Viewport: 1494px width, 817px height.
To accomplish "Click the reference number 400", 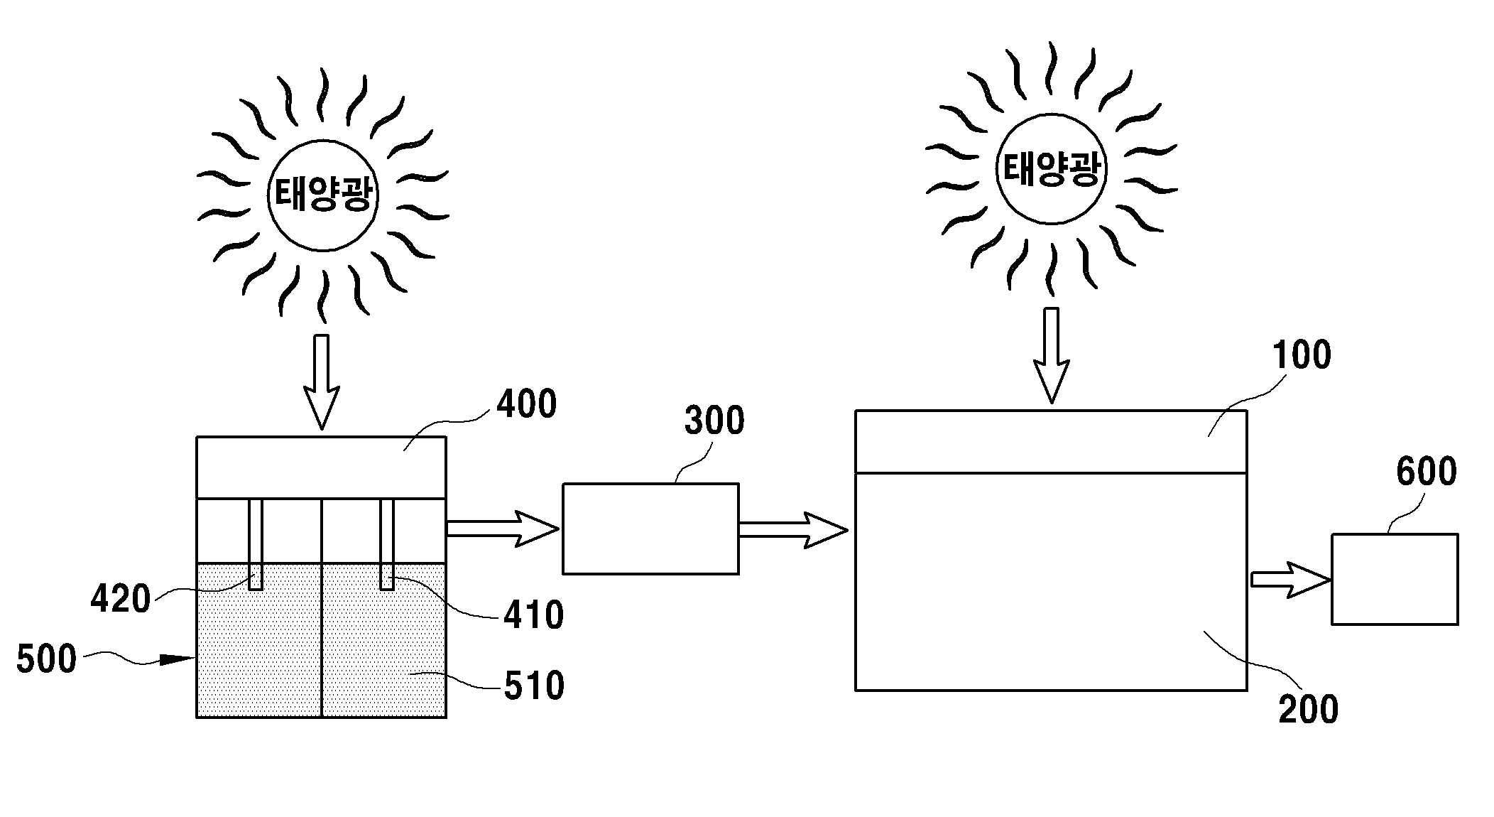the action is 526,404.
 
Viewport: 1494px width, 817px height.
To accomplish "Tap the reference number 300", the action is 714,421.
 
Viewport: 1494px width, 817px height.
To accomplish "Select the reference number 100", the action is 1301,355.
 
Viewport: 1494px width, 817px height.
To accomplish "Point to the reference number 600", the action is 1427,472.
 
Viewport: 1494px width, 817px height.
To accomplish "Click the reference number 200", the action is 1309,710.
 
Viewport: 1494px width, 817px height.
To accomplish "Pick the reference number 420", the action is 121,600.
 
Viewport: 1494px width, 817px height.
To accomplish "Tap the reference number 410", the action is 534,615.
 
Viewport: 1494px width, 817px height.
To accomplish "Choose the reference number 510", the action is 535,686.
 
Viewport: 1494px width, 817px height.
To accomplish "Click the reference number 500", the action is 46,659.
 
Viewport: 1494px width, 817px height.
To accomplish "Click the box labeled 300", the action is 650,529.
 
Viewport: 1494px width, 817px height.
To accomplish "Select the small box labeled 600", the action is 1395,579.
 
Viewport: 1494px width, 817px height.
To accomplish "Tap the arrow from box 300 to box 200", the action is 793,530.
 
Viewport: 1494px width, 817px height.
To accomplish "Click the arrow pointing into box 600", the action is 1290,580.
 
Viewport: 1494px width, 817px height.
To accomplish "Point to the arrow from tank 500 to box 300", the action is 503,529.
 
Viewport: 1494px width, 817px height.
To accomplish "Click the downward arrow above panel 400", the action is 322,382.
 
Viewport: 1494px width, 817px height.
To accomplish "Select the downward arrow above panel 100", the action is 1051,356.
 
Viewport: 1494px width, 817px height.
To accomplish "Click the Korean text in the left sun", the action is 322,194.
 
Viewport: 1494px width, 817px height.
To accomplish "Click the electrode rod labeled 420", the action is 256,544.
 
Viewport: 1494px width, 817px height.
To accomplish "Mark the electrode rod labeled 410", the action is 387,544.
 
